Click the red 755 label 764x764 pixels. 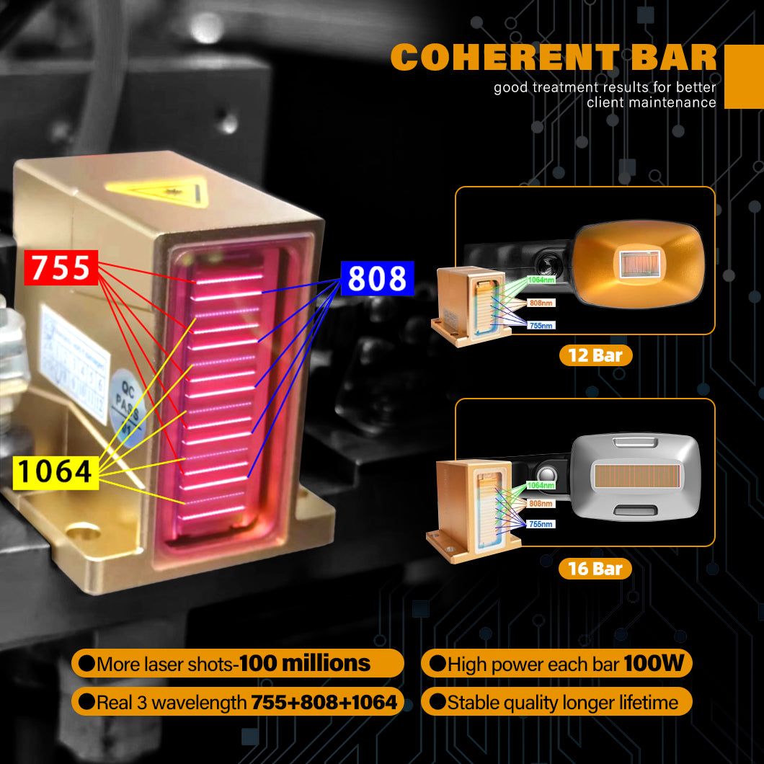[61, 267]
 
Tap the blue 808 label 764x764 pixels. [377, 278]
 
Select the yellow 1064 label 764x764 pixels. [55, 471]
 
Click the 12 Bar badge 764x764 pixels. [595, 355]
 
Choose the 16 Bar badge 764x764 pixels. [595, 569]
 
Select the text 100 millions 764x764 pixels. [304, 663]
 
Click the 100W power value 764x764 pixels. [653, 663]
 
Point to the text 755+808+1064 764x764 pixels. [324, 702]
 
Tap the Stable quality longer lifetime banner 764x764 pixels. [556, 702]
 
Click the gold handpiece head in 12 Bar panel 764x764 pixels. [637, 262]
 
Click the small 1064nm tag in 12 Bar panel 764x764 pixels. [541, 280]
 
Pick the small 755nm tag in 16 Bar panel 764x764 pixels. [541, 524]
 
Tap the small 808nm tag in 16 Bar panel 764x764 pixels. [541, 504]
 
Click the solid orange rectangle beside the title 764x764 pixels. [743, 76]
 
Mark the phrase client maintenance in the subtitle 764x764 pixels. [651, 102]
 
